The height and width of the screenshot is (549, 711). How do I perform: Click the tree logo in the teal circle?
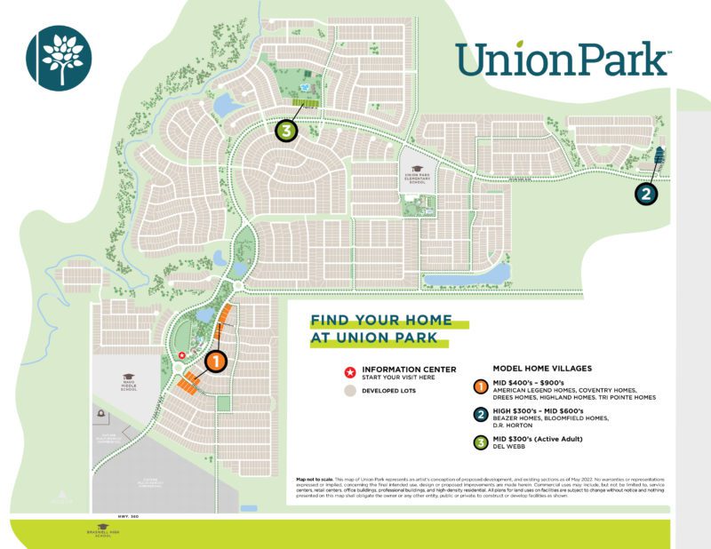point(60,56)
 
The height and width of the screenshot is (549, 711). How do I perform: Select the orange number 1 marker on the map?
point(217,362)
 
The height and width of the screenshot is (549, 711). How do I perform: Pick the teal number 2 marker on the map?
point(646,192)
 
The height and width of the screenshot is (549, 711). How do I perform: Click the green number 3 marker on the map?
point(285,131)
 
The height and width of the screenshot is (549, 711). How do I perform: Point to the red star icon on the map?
point(182,354)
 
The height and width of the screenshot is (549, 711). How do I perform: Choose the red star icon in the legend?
point(348,370)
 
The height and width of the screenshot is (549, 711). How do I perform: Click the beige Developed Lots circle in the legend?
point(348,390)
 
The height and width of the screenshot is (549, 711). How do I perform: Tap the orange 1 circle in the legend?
point(480,387)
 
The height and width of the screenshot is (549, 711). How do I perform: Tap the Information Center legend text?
point(409,369)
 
